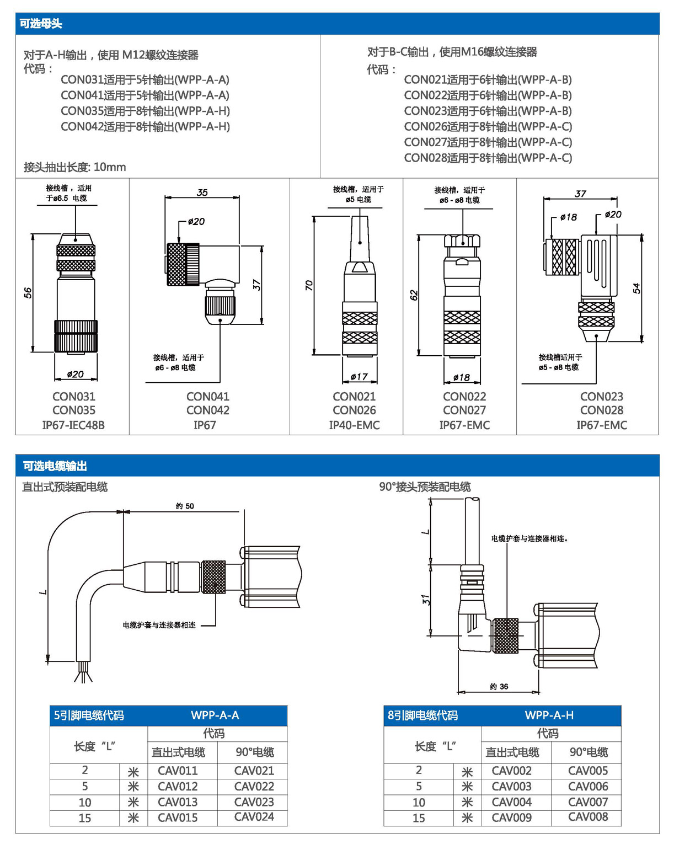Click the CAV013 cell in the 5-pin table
[178, 802]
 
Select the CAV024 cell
[254, 817]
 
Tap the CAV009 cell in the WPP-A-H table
[511, 817]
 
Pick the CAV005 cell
[588, 771]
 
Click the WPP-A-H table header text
[549, 715]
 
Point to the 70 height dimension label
[309, 285]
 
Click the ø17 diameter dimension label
[359, 377]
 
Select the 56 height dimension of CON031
[28, 292]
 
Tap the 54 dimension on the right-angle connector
[636, 288]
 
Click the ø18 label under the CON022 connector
[461, 377]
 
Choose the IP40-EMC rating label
[354, 425]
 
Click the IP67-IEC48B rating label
[73, 425]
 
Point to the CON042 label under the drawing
[207, 410]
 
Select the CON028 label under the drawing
[601, 410]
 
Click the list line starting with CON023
[488, 111]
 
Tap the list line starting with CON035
[145, 111]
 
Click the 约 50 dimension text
[185, 506]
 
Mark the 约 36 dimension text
[499, 686]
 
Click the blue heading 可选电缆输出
[55, 466]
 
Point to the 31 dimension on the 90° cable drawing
[425, 600]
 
